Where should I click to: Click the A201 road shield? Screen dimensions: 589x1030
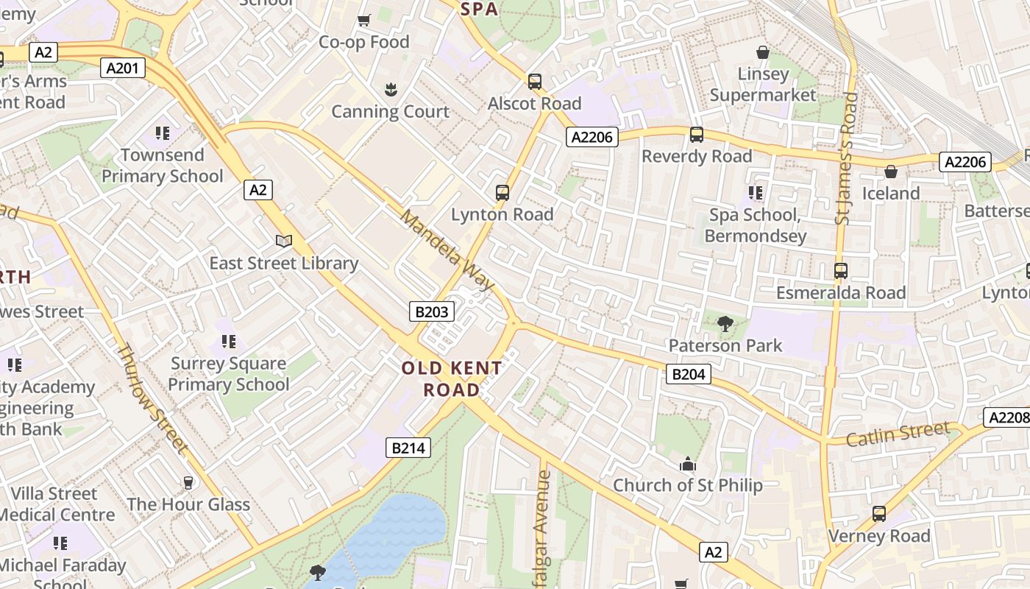(123, 68)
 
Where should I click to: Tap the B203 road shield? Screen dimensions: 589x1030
(431, 311)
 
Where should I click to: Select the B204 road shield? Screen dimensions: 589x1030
(689, 374)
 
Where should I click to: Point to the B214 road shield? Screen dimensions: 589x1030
(408, 447)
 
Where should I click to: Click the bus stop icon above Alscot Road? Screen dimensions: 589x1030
(535, 82)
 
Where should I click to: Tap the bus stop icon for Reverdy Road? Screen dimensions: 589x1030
(697, 135)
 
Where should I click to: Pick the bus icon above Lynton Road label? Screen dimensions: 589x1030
(502, 193)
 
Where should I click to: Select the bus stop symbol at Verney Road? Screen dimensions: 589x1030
(879, 514)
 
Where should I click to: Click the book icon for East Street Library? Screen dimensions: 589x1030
(284, 241)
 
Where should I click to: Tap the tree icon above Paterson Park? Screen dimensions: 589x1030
(725, 323)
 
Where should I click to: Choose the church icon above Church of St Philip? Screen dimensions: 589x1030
(688, 464)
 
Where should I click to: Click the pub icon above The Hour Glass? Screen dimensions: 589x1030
(188, 483)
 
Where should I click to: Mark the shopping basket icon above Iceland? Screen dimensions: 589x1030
(891, 172)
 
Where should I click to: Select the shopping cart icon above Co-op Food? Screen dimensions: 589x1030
(363, 20)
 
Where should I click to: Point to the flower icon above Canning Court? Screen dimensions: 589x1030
(390, 90)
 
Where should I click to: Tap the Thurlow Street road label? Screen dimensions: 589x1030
(152, 398)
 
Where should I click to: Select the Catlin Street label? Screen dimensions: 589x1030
(898, 434)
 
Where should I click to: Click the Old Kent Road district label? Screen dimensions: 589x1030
(452, 378)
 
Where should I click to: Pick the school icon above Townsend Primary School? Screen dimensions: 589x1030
(163, 133)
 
